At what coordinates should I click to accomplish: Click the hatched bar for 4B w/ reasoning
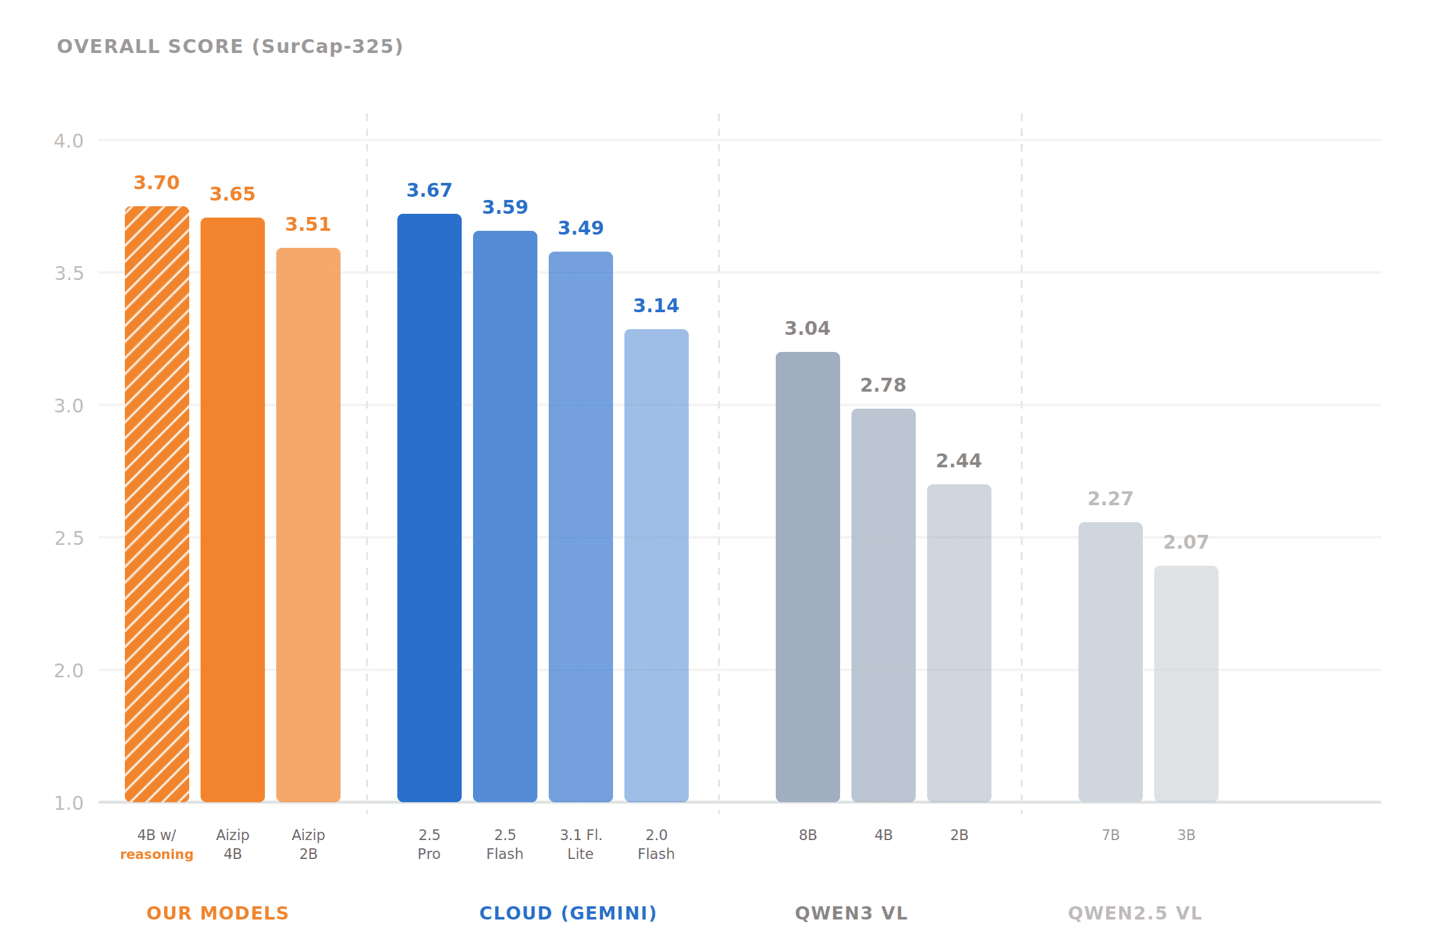coord(157,505)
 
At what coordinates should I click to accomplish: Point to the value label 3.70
coord(156,183)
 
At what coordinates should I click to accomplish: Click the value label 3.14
coord(656,306)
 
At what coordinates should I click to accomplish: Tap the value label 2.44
coord(959,461)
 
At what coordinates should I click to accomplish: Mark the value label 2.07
coord(1186,542)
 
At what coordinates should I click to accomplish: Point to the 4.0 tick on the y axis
coord(69,141)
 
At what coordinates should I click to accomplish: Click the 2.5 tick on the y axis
coord(69,538)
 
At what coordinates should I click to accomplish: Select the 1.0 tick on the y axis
coord(69,803)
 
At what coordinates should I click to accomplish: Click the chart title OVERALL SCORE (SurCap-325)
coord(230,47)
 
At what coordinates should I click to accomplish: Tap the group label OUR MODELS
coord(218,913)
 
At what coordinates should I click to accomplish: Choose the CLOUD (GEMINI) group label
coord(568,913)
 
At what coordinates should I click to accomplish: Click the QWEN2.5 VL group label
coord(1135,913)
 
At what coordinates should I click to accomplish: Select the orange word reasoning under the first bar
coord(156,855)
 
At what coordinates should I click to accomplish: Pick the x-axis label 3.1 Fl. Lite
coord(581,844)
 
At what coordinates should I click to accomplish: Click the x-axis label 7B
coord(1111,835)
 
